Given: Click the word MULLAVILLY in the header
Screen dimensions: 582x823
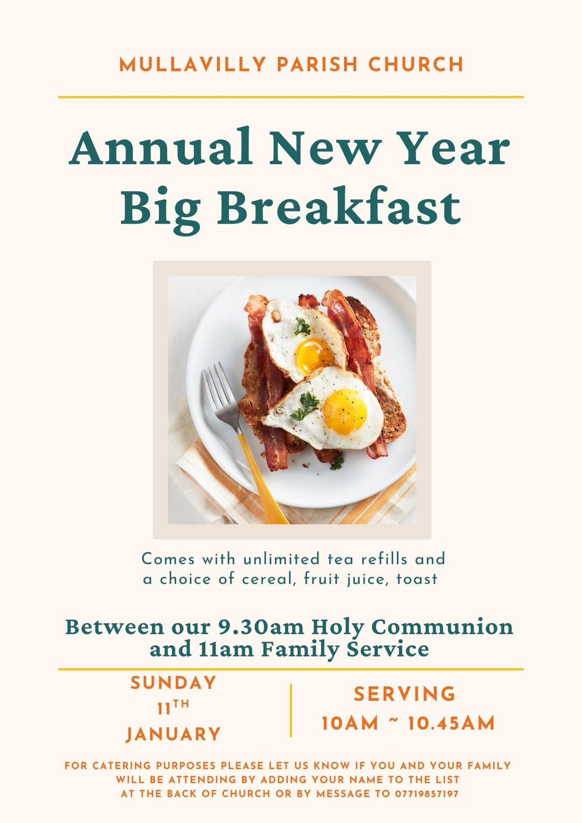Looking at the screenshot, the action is [192, 64].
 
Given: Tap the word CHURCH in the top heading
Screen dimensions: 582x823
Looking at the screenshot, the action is [416, 64].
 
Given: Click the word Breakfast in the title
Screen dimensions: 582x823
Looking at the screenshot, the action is [339, 205].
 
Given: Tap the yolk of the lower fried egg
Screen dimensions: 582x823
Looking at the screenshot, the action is [345, 411].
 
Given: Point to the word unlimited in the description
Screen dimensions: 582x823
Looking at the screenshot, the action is [281, 559].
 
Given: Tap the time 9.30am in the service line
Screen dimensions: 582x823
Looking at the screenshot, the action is [261, 627].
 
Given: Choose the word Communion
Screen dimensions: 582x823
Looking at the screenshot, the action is [442, 627].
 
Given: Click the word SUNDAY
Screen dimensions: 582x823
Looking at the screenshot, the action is [173, 683].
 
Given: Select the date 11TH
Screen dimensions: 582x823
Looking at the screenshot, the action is [173, 708].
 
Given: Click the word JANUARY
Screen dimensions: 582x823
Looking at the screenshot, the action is [173, 734].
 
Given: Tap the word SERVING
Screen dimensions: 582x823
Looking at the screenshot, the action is [404, 694].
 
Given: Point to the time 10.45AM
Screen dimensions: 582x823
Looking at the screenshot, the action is [452, 723].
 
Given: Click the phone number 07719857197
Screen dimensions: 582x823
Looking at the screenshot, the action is [426, 793].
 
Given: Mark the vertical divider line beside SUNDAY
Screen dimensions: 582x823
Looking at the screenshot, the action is [291, 710].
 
